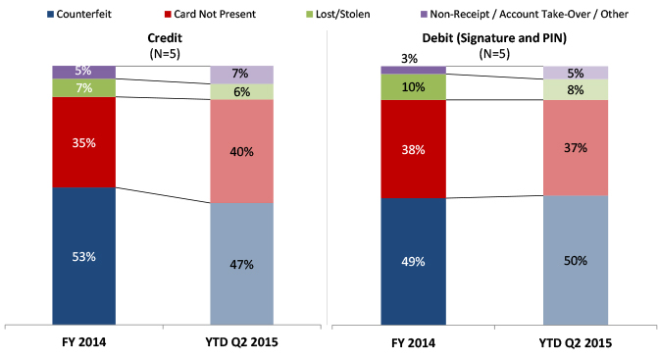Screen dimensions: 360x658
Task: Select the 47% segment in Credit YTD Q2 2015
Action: point(242,263)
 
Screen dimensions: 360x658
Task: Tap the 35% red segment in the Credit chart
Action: point(83,142)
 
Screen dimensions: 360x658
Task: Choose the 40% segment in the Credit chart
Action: point(242,152)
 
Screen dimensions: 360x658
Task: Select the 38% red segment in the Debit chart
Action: point(413,149)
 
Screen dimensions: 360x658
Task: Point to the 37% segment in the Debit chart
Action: point(576,148)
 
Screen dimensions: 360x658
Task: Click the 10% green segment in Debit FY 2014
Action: point(413,87)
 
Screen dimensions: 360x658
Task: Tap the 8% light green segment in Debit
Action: point(576,89)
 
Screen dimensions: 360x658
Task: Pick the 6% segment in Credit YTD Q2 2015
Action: point(242,91)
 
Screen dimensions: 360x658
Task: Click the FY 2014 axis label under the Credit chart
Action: point(83,342)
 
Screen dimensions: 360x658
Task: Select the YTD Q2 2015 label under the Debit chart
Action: point(576,342)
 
